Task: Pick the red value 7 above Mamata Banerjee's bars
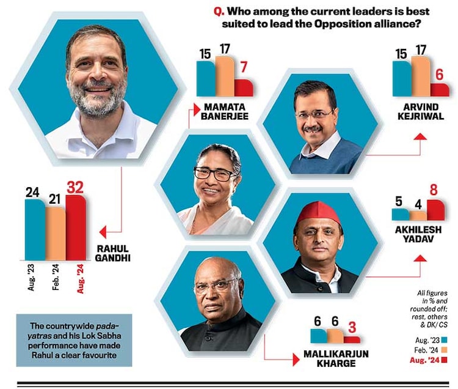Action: coord(244,67)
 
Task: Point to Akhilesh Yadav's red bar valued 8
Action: coord(436,210)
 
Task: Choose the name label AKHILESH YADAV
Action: coord(420,234)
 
